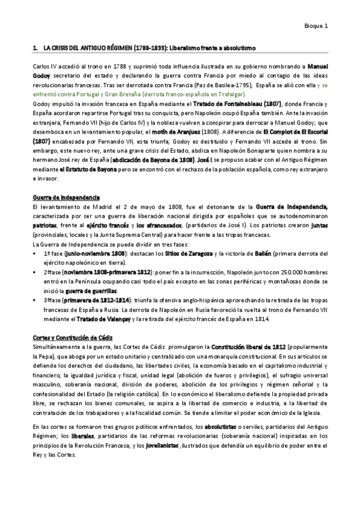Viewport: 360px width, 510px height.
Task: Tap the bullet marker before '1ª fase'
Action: (38, 256)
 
